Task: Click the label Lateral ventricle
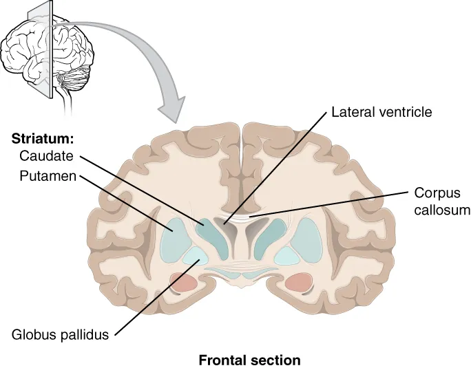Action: coord(381,111)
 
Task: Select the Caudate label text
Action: coord(46,157)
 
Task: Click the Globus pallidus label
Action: coord(61,335)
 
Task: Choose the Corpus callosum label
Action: coord(441,202)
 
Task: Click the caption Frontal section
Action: coord(249,360)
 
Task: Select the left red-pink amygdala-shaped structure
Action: coord(184,281)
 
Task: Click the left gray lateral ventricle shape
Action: coord(224,227)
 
